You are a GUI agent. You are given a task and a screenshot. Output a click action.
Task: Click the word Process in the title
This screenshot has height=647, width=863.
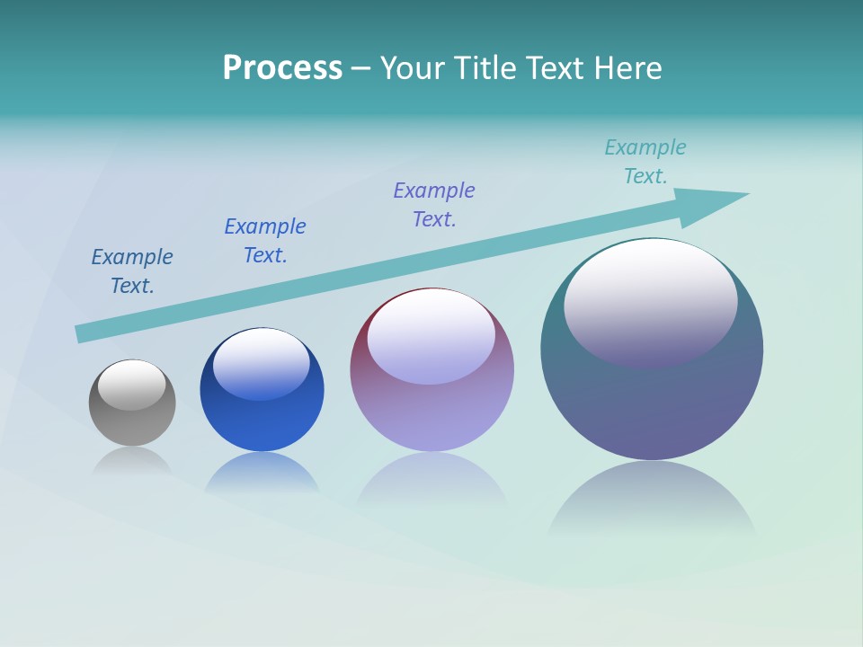pos(282,68)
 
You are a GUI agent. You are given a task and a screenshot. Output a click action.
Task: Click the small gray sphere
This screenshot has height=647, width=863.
pos(132,422)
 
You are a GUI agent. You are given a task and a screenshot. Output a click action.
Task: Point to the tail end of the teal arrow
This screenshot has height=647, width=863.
pos(83,333)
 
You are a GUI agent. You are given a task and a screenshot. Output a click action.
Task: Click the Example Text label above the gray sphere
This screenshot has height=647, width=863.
pos(132,271)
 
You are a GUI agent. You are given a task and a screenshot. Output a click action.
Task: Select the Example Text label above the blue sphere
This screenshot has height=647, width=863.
pos(265,241)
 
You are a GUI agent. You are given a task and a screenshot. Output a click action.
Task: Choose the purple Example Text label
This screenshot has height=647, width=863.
pos(434,205)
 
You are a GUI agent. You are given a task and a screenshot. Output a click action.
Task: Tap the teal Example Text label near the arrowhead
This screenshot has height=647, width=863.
pos(645,162)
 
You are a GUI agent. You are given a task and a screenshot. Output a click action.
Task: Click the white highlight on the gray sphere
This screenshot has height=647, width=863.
pos(132,385)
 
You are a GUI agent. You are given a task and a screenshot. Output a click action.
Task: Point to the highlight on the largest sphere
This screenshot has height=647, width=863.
pos(650,301)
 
